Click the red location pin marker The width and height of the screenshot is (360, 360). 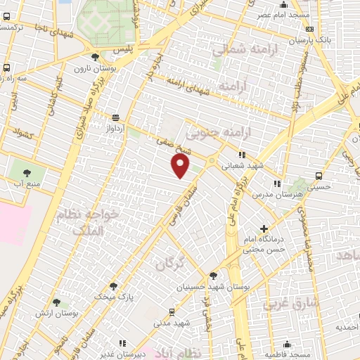pos(181,166)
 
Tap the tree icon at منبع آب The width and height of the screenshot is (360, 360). pos(27,172)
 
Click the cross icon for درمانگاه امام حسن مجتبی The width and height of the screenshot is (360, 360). pos(264,229)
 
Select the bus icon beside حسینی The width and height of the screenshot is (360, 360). pos(319,176)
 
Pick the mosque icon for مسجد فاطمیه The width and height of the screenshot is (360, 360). pos(287,344)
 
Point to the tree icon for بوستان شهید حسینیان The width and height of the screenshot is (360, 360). pos(213,276)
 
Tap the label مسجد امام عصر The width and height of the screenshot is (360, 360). pos(274,15)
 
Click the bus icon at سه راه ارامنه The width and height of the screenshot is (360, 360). pos(6,68)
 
